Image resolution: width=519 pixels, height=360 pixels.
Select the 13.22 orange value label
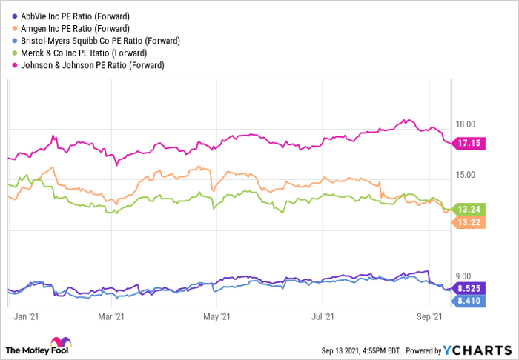click(x=469, y=222)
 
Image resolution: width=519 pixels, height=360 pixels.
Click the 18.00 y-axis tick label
click(x=465, y=124)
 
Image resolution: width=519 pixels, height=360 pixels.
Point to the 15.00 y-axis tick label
click(x=465, y=175)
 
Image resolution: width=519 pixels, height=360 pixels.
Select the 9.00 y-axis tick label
click(x=463, y=276)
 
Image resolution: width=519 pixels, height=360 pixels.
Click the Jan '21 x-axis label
click(x=27, y=317)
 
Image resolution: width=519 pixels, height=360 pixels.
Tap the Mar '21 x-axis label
click(x=110, y=317)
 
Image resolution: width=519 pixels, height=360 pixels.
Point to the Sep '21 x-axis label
click(x=430, y=317)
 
